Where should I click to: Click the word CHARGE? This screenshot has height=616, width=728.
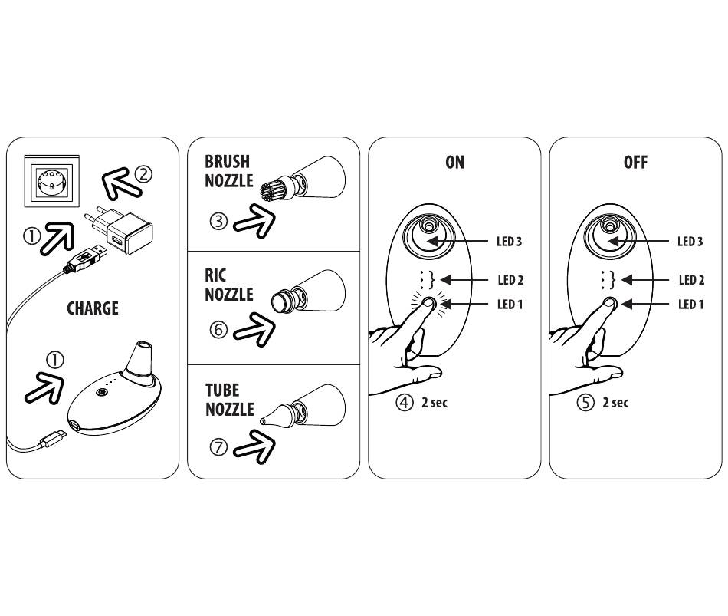[x=93, y=308]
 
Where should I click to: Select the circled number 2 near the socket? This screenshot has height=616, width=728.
[x=143, y=174]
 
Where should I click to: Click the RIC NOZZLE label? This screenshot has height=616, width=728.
[x=228, y=285]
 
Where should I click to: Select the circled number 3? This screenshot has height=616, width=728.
[x=218, y=222]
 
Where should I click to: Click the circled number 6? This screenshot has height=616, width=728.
[x=218, y=331]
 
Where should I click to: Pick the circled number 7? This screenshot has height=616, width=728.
[x=218, y=448]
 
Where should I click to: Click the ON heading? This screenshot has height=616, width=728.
[x=454, y=163]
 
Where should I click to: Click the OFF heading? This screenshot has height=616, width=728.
[x=635, y=163]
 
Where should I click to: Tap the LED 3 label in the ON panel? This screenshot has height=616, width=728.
[x=509, y=242]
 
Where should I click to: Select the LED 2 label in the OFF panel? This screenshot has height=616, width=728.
[x=690, y=281]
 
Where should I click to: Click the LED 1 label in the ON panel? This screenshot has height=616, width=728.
[x=510, y=305]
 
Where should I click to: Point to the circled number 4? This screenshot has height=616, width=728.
[x=405, y=402]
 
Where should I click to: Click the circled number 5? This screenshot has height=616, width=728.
[x=585, y=402]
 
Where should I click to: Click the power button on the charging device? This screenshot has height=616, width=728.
[x=101, y=393]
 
